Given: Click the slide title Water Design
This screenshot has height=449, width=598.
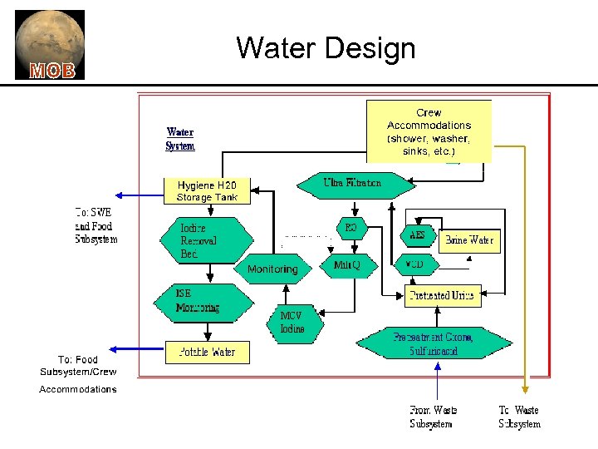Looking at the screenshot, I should tap(326, 47).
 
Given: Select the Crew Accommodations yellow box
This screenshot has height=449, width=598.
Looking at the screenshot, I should tap(429, 131).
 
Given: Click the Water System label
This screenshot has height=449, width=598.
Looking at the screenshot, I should tap(180, 139).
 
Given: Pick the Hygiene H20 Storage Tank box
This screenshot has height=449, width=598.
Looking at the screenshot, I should tap(207, 191).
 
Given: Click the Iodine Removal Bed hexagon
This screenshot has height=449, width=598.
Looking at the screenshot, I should tap(203, 240).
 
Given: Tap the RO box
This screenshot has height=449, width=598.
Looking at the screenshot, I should tap(350, 227).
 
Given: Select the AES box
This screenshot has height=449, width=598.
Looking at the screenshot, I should tap(417, 236).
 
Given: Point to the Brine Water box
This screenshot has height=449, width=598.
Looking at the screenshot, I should tap(469, 240).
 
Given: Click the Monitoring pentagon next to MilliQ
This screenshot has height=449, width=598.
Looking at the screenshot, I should tap(272, 269).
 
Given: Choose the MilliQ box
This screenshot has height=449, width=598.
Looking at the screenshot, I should tap(347, 266).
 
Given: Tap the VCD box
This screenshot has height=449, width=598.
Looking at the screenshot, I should tap(414, 265).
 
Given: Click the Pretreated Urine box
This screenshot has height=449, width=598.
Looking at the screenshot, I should tap(444, 295).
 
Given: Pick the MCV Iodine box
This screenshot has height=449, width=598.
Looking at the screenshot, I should tap(292, 323).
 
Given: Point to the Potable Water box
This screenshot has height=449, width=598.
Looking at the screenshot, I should tap(207, 352).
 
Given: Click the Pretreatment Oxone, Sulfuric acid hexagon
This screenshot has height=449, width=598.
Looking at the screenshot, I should tap(434, 343).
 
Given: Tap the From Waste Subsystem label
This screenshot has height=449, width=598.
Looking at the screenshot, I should tap(433, 417).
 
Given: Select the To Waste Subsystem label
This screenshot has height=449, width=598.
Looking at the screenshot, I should tap(519, 417).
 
